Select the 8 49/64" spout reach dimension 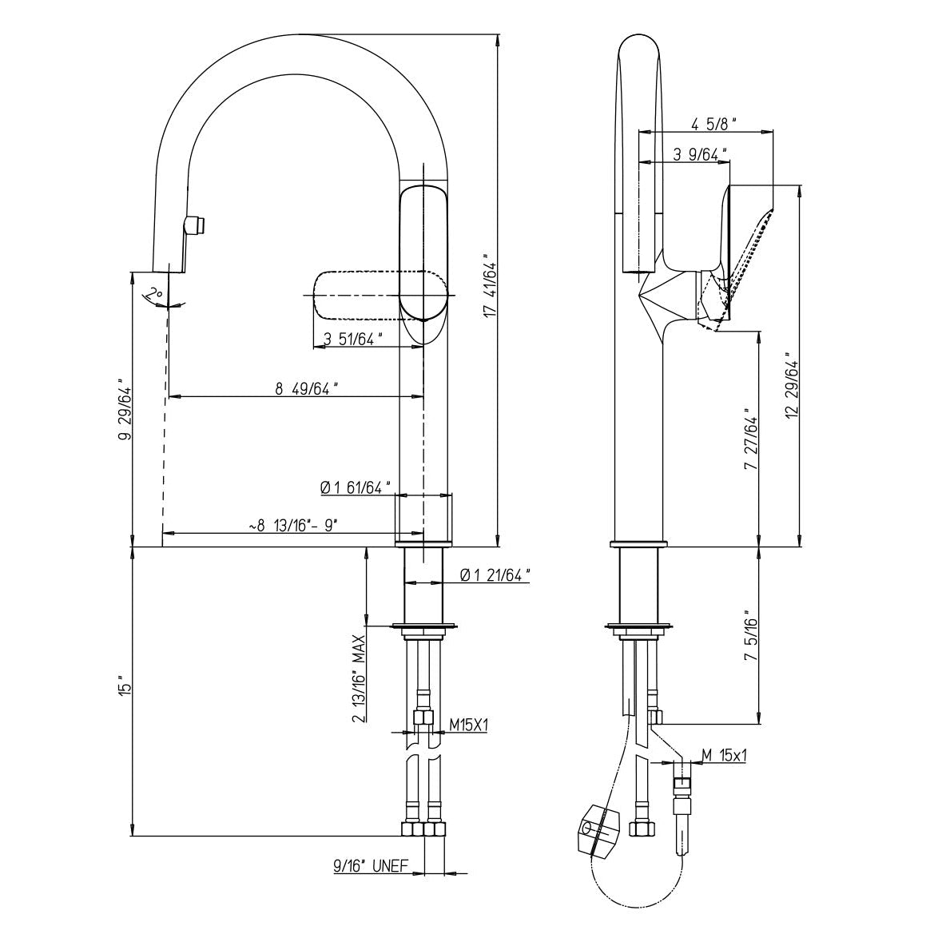(307, 389)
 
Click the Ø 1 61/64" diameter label (355, 487)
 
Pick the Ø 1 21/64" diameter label (496, 574)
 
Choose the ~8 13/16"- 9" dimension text (293, 526)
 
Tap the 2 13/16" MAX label (360, 679)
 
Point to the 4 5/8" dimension (713, 124)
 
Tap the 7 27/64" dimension (749, 444)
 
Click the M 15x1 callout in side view (724, 755)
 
